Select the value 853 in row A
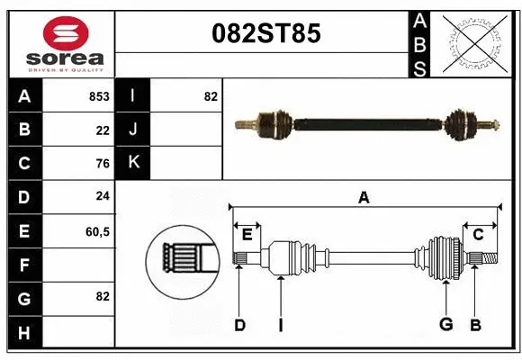click(99, 96)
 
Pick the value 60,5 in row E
click(97, 231)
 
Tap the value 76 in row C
click(102, 164)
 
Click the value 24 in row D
click(102, 196)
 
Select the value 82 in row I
click(211, 96)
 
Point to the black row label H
click(24, 333)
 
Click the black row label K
click(133, 163)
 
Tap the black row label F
click(24, 265)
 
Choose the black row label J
click(133, 130)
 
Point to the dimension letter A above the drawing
click(364, 198)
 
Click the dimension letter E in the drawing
click(247, 236)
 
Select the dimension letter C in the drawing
click(479, 235)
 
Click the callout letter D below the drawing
click(239, 325)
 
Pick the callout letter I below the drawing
click(281, 325)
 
